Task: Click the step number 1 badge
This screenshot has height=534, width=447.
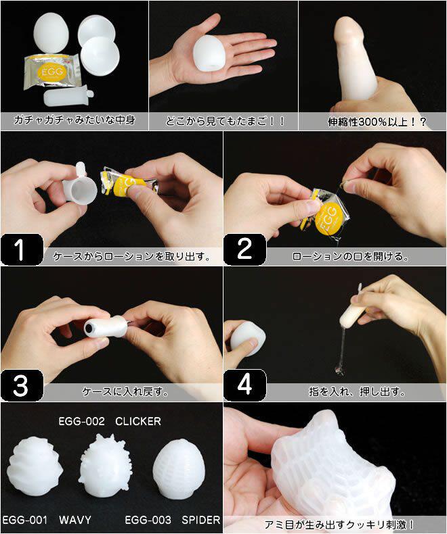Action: click(22, 249)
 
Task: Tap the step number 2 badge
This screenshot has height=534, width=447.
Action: click(244, 249)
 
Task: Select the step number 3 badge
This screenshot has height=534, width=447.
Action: click(22, 385)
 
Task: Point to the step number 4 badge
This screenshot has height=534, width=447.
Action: click(244, 385)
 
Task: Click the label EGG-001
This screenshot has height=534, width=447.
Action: click(24, 520)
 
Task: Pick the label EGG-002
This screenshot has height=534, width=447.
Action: click(81, 421)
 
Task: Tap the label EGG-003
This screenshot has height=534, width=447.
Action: click(148, 520)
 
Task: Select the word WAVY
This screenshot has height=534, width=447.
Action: click(75, 520)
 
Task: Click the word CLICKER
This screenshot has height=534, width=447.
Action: click(138, 421)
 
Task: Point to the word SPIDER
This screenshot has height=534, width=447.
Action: click(201, 520)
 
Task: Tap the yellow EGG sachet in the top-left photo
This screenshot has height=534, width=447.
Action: click(52, 72)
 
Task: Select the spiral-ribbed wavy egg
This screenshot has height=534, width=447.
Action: click(35, 466)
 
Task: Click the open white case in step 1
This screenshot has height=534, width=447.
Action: click(79, 184)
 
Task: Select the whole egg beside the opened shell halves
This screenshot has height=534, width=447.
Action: click(51, 32)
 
